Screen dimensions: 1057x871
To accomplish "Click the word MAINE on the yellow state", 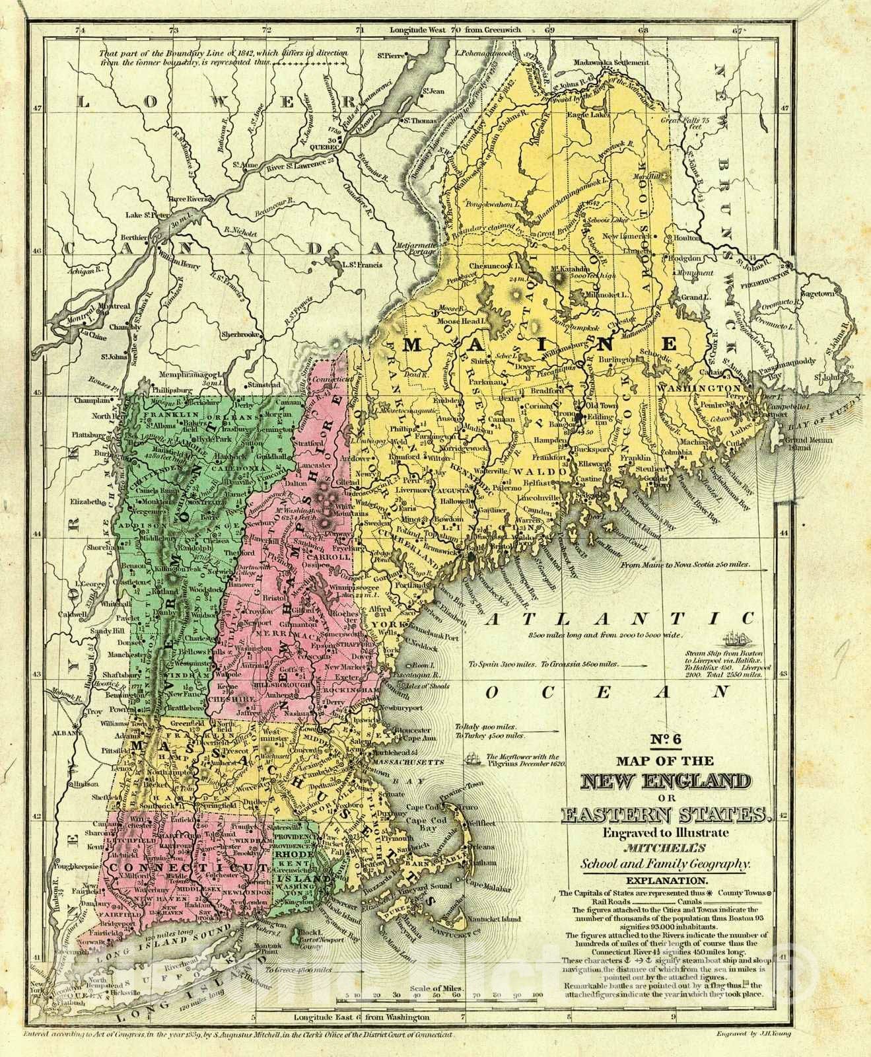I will click(541, 344).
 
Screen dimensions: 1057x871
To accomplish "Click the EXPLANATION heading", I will click(666, 881).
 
